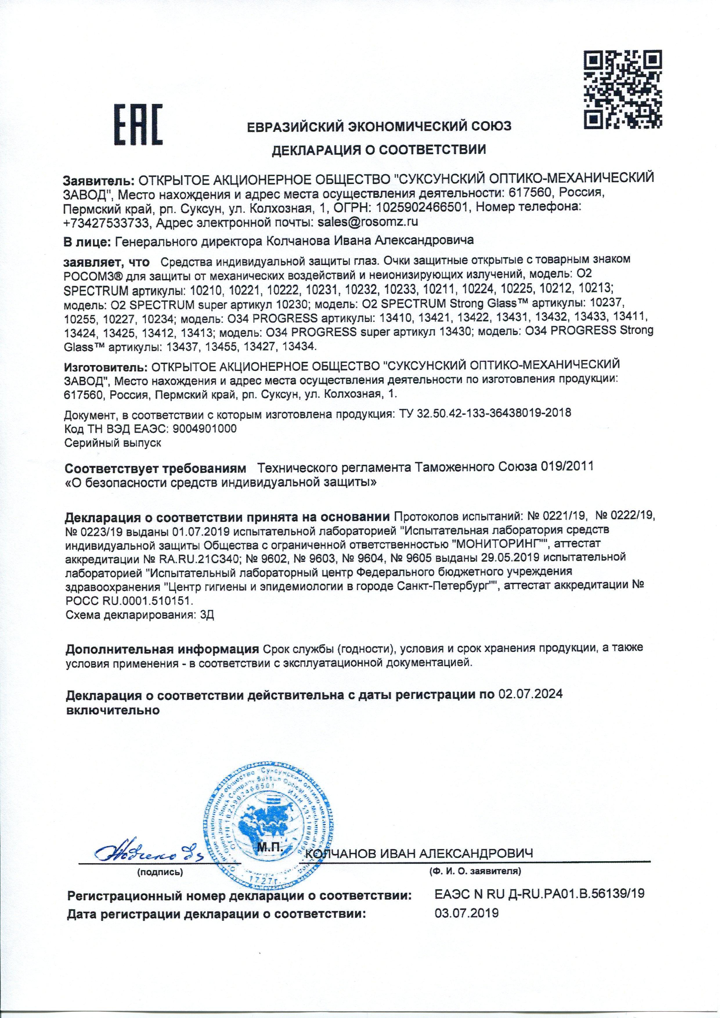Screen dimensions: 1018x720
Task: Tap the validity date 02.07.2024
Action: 530,694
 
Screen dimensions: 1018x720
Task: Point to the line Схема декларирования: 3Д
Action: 140,616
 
